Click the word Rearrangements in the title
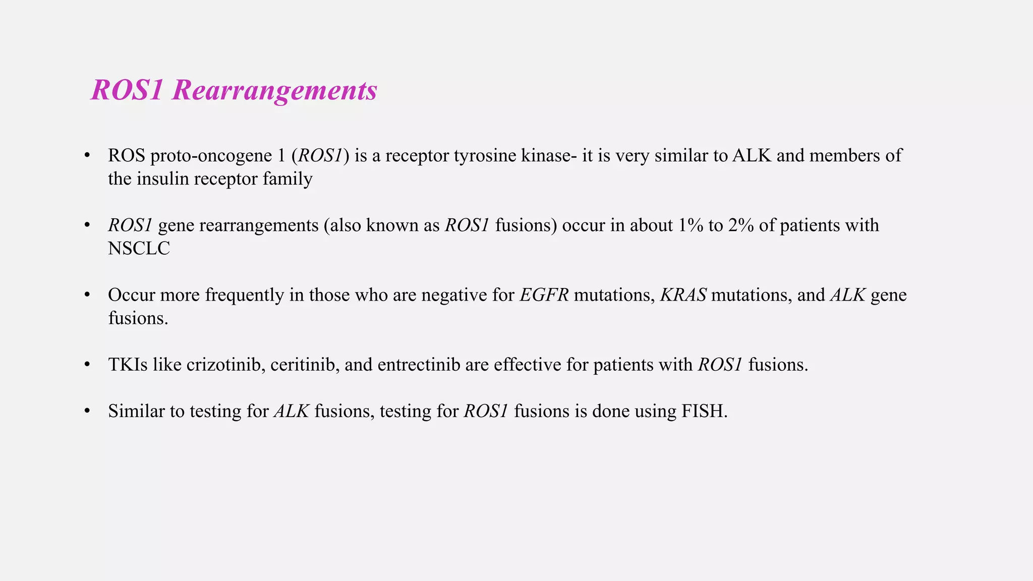tap(274, 91)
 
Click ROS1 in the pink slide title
tap(127, 91)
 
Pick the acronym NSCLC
tap(139, 249)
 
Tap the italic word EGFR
tap(544, 295)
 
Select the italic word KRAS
tap(683, 295)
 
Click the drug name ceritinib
tap(304, 365)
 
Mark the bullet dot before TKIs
tap(87, 364)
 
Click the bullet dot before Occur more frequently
tap(87, 295)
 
